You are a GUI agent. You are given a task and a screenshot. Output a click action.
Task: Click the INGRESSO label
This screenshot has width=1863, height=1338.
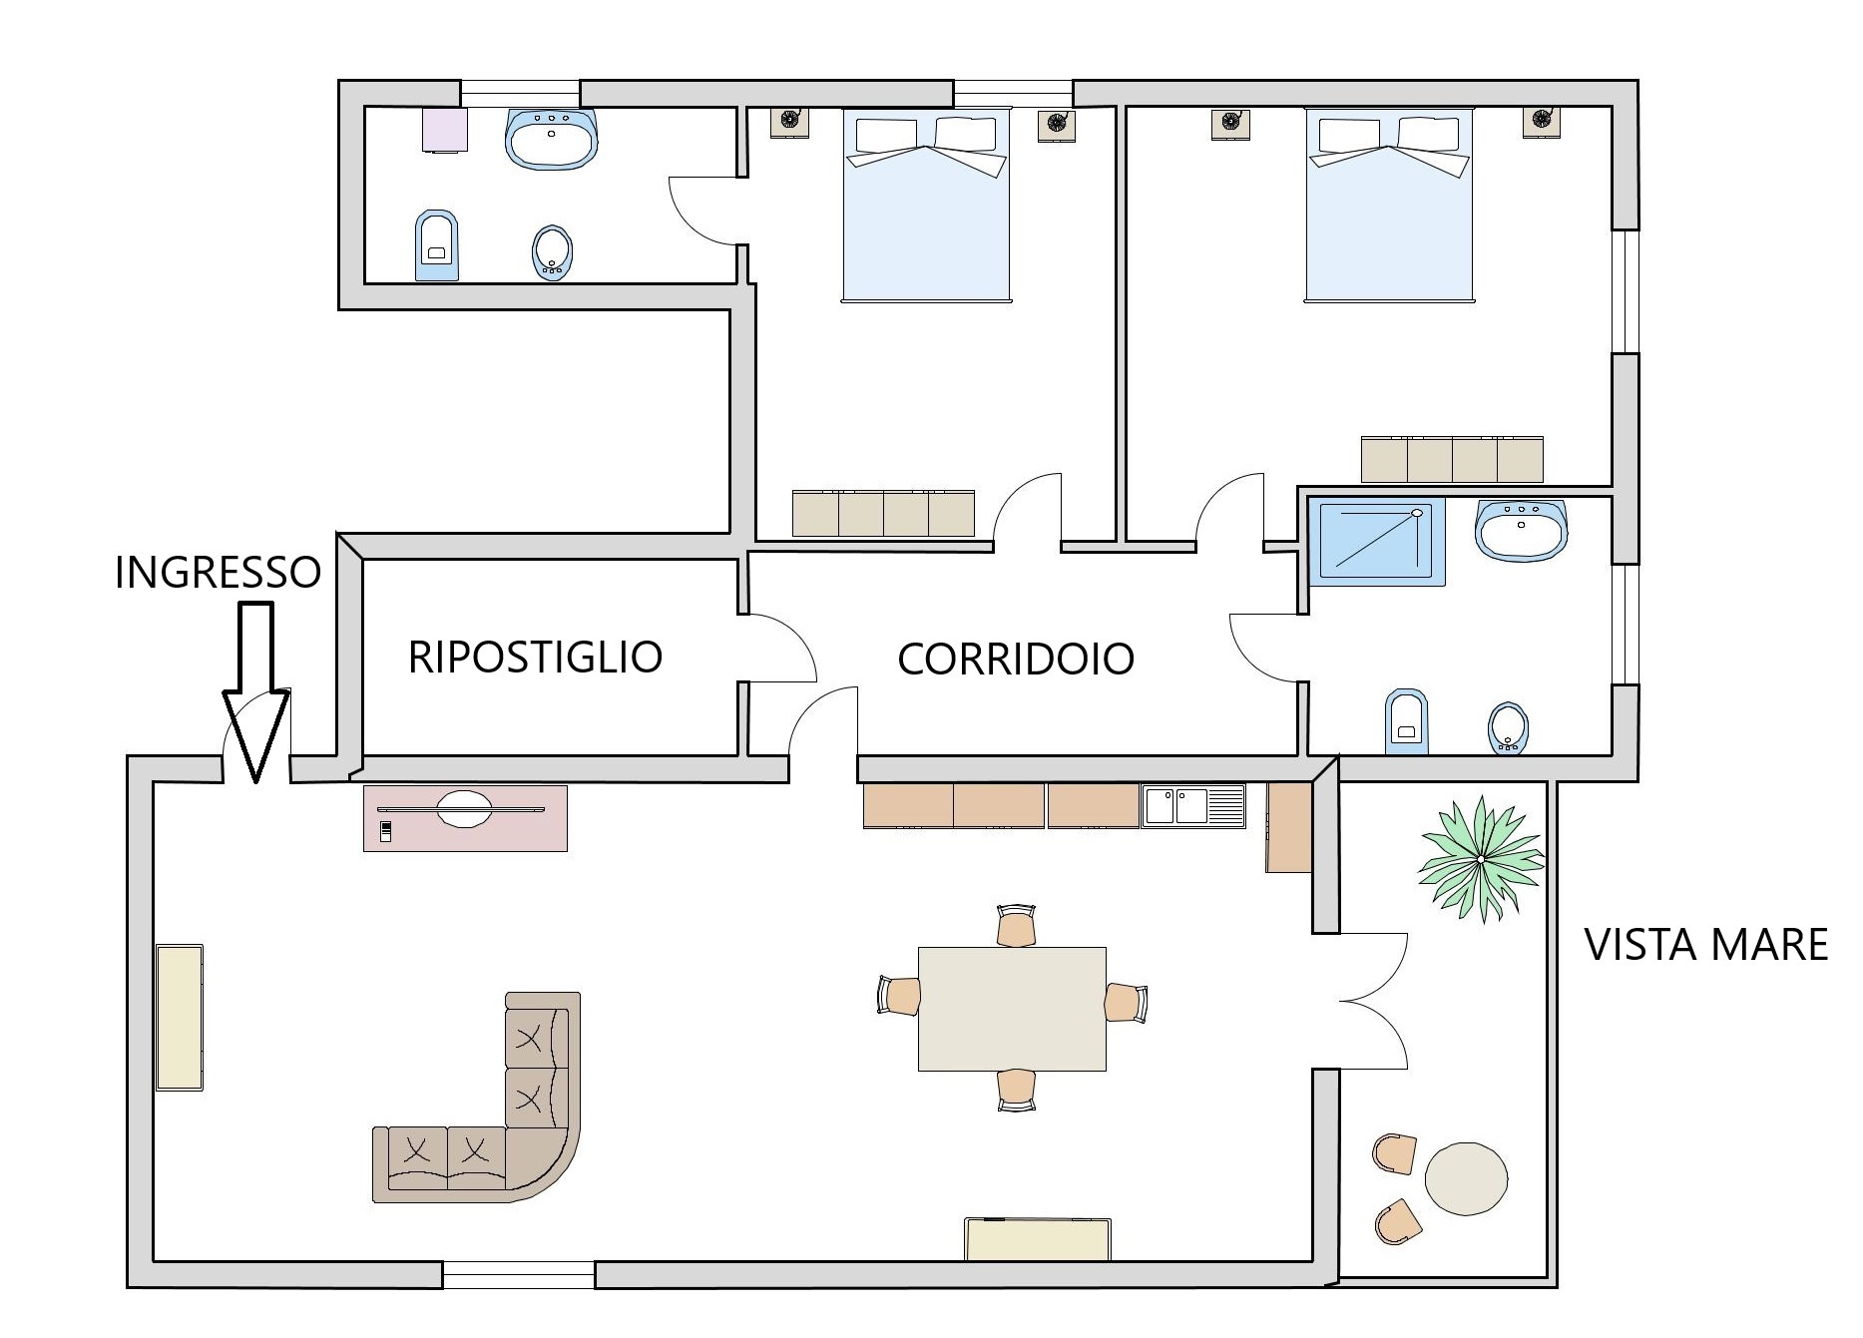tap(218, 573)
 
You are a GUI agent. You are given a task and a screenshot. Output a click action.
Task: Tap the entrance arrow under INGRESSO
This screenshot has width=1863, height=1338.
tap(255, 691)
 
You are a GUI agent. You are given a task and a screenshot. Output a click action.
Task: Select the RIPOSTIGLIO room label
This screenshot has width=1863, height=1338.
tap(535, 658)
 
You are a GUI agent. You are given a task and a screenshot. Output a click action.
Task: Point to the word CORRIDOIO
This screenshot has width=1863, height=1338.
tap(1016, 660)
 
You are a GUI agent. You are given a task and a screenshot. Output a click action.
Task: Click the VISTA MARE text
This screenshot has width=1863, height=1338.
tap(1706, 945)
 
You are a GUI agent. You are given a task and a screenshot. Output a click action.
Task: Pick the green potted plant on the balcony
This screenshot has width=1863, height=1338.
tap(1482, 858)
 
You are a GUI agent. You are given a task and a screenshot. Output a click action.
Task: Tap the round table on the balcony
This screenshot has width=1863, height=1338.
tap(1466, 1178)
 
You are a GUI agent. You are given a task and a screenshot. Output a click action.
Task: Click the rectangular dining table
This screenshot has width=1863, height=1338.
tap(1012, 1009)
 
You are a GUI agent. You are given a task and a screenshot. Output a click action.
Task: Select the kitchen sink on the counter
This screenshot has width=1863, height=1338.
tap(1194, 806)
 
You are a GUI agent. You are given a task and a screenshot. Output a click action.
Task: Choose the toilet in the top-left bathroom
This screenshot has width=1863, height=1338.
tap(436, 245)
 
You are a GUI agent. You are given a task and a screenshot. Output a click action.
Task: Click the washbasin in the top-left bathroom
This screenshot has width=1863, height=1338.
tap(552, 138)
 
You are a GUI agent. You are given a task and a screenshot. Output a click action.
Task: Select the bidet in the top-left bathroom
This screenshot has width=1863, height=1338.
tap(552, 251)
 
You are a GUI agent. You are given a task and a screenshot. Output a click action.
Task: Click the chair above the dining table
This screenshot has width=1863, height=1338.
tap(1016, 925)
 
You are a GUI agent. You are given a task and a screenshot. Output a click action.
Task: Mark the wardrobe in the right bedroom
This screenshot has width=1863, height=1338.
tap(1452, 459)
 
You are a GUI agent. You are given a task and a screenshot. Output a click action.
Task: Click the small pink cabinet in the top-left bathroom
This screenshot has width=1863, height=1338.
tap(444, 130)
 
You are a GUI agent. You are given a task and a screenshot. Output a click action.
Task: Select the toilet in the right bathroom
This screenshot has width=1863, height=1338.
tap(1407, 721)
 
